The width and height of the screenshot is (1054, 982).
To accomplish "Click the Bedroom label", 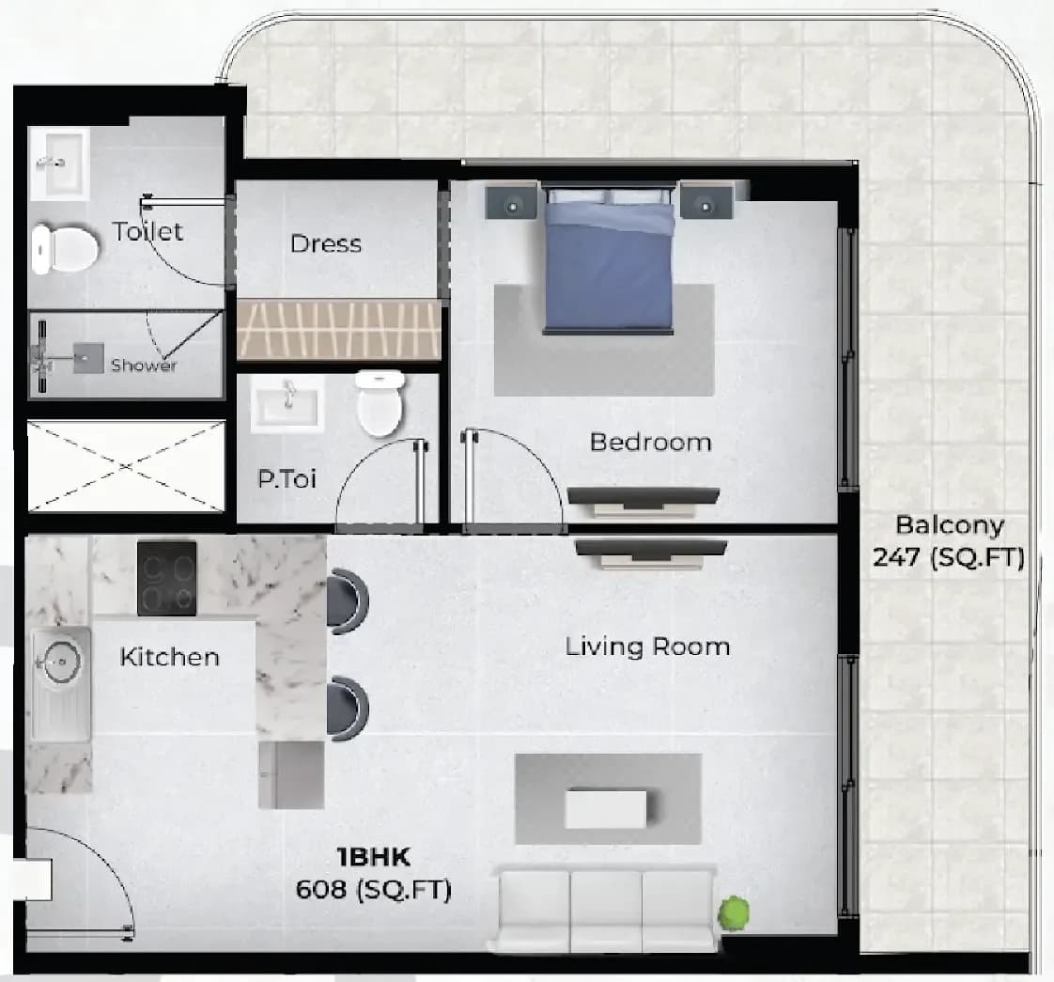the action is (x=650, y=442).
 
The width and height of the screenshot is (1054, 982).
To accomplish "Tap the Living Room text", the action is (x=647, y=647).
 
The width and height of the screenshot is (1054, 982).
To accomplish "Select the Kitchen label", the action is (x=169, y=657).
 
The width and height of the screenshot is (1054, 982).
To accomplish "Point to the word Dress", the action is (x=326, y=242).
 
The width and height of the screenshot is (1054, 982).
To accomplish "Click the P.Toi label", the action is (x=287, y=478).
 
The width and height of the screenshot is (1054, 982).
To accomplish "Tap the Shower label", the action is (x=144, y=365).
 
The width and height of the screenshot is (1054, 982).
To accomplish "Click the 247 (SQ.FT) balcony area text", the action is (x=949, y=557).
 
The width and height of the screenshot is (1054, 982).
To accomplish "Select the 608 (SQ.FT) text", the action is (x=373, y=889).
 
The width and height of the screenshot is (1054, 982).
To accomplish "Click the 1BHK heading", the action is (x=373, y=857).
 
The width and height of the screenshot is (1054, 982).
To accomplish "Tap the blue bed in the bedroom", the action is (x=609, y=259).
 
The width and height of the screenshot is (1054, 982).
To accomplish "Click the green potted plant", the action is (x=734, y=912).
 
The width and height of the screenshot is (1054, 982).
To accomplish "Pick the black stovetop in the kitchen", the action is (x=166, y=579).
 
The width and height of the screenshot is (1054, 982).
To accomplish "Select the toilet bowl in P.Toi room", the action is (x=380, y=402).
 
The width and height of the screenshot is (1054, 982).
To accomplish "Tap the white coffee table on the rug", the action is (x=606, y=809).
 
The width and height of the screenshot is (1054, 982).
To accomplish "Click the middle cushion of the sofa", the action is (x=606, y=912).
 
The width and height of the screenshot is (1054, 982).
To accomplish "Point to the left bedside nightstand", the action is (x=512, y=202).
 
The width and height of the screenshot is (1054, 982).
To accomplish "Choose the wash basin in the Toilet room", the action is (x=60, y=164).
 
